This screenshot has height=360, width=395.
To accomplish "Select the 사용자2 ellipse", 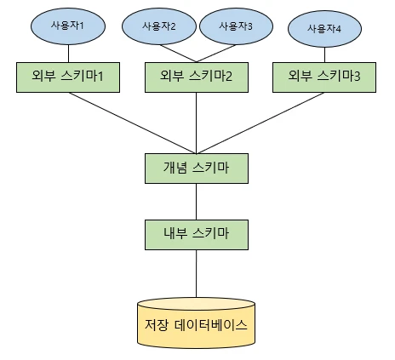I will pyautogui.click(x=161, y=26).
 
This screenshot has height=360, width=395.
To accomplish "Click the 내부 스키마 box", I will pyautogui.click(x=197, y=231).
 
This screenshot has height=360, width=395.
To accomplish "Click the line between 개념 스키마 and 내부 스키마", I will pyautogui.click(x=197, y=198).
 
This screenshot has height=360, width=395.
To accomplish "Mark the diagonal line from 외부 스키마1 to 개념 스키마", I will pyautogui.click(x=132, y=119).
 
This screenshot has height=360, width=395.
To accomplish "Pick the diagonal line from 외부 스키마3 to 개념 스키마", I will pyautogui.click(x=260, y=119).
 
